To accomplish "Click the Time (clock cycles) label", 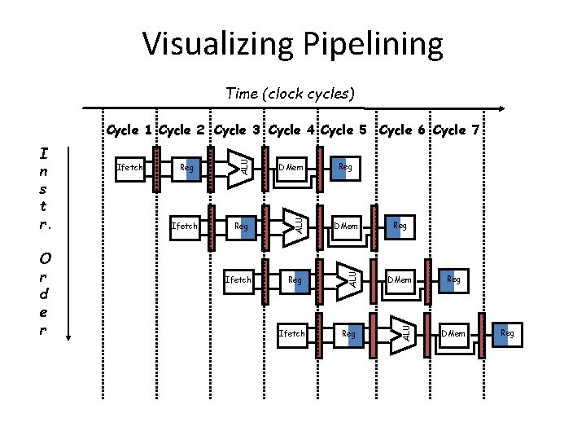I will [x=291, y=93].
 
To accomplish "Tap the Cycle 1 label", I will [x=129, y=130].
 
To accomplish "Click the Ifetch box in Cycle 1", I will [x=130, y=168].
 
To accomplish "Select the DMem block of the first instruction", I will [x=291, y=168].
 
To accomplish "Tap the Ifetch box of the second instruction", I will [x=185, y=226].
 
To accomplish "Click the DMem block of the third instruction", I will [x=400, y=279].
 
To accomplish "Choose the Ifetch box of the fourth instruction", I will [x=291, y=333].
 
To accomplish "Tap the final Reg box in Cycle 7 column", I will [x=507, y=333].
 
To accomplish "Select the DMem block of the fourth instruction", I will [x=453, y=333].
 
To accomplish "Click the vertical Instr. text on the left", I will [x=47, y=188].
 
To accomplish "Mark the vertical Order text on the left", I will [x=46, y=294].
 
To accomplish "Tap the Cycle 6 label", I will [x=405, y=130].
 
